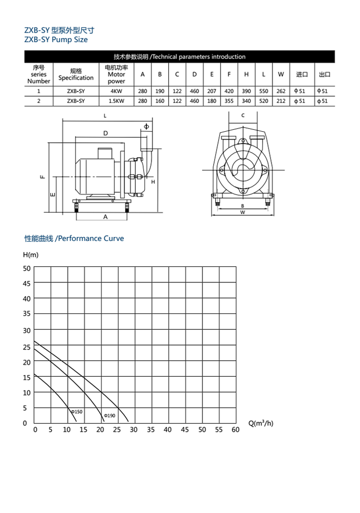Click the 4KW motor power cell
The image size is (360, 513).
tap(116, 91)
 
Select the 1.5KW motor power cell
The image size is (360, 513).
tap(116, 101)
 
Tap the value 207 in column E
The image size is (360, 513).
tap(212, 91)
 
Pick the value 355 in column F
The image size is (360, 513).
tap(229, 101)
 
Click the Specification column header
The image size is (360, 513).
tap(76, 74)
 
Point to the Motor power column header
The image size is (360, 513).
tap(116, 74)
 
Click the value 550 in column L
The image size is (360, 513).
tap(263, 91)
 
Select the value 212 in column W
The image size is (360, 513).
tap(281, 101)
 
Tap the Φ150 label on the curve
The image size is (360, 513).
tap(77, 412)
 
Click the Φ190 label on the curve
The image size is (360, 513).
tap(109, 416)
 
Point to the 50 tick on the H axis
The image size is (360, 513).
tap(26, 268)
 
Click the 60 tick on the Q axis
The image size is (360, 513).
tap(236, 430)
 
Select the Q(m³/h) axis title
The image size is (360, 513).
tap(261, 423)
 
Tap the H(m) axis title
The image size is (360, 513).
tap(31, 255)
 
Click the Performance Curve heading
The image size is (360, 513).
tap(74, 238)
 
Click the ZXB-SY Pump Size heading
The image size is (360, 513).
tap(56, 40)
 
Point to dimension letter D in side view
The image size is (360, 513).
tap(105, 133)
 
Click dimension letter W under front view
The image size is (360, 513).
tap(243, 212)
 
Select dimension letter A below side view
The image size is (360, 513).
tap(105, 217)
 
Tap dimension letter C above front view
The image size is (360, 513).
tap(243, 115)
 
